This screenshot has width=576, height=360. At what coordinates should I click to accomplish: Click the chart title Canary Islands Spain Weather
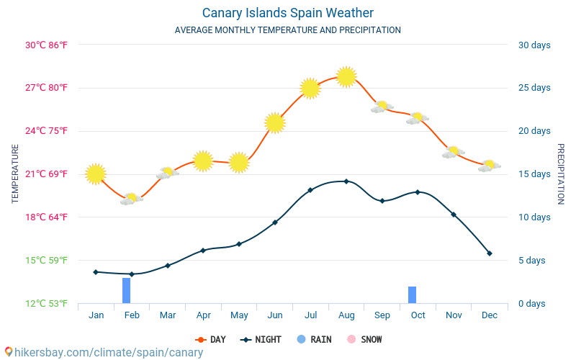(287, 13)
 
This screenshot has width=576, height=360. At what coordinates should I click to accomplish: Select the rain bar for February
(127, 290)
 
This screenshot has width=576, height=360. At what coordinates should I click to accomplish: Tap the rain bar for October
(413, 294)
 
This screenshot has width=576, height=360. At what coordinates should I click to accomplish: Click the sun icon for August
(346, 76)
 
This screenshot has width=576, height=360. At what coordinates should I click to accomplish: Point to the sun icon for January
(96, 174)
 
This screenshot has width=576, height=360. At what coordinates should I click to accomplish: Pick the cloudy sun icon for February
(131, 199)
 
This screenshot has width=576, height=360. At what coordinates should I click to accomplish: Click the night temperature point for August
(346, 181)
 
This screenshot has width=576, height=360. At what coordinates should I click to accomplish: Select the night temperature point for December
(490, 253)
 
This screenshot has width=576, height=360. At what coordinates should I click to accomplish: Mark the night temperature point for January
(96, 271)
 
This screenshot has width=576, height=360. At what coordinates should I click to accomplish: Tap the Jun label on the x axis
(274, 315)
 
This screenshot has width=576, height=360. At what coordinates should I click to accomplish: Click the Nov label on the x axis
(454, 315)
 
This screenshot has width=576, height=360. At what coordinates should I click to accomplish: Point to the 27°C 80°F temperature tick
(47, 88)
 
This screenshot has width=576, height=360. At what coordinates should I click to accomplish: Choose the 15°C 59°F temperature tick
(47, 260)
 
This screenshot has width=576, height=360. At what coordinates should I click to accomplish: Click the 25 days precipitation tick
(534, 88)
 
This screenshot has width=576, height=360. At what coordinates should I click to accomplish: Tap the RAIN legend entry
(314, 339)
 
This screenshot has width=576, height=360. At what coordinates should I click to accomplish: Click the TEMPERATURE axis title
(15, 174)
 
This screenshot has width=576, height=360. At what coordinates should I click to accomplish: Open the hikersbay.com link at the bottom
(105, 353)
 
